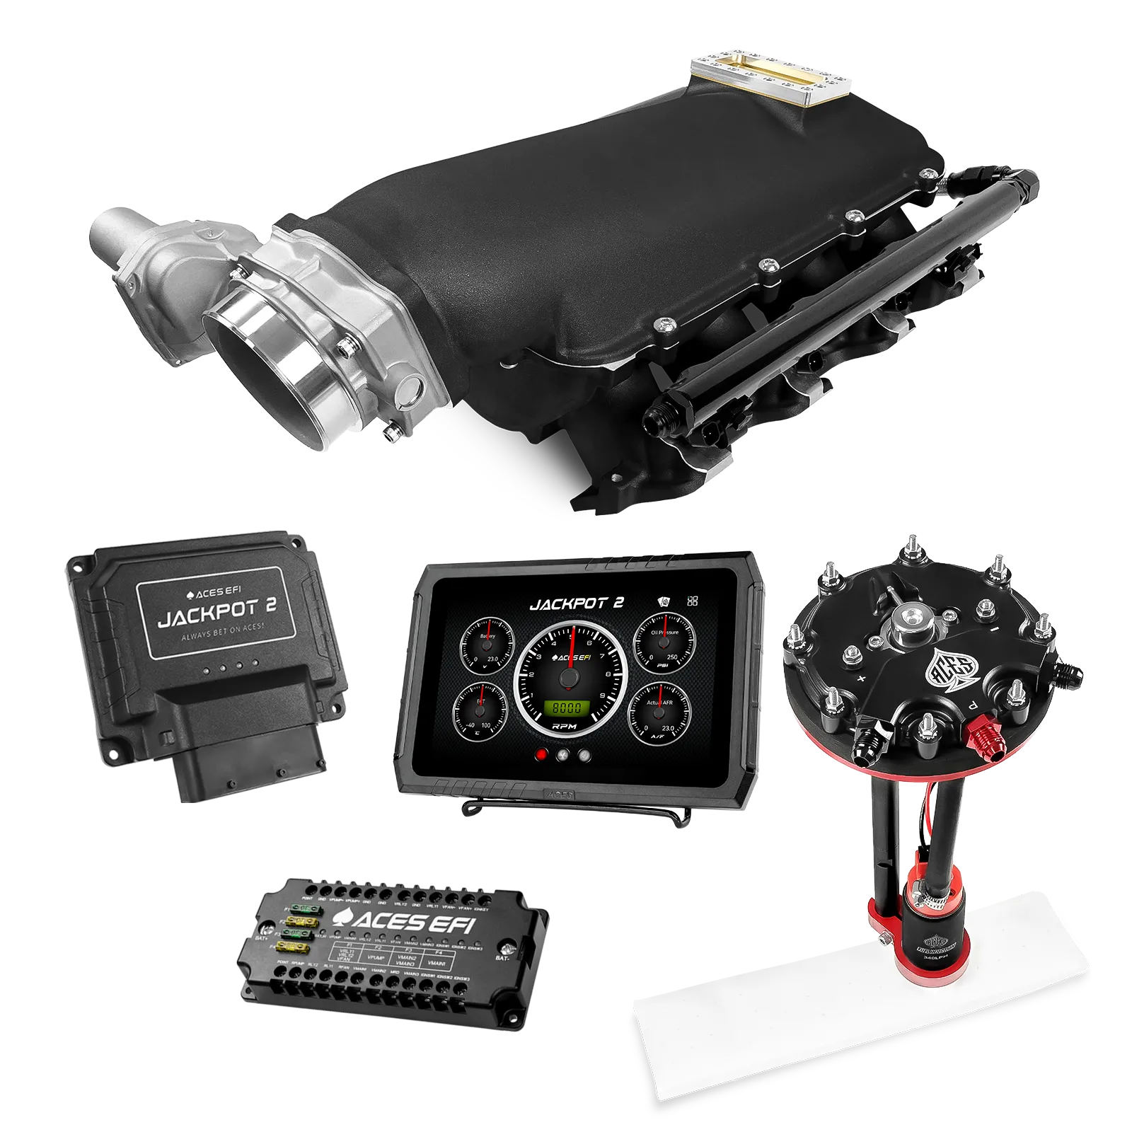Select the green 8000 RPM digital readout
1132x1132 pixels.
click(x=566, y=707)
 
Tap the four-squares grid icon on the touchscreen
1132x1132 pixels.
click(x=692, y=601)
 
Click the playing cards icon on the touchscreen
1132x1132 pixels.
click(x=662, y=602)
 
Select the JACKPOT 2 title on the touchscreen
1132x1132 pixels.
click(x=577, y=603)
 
